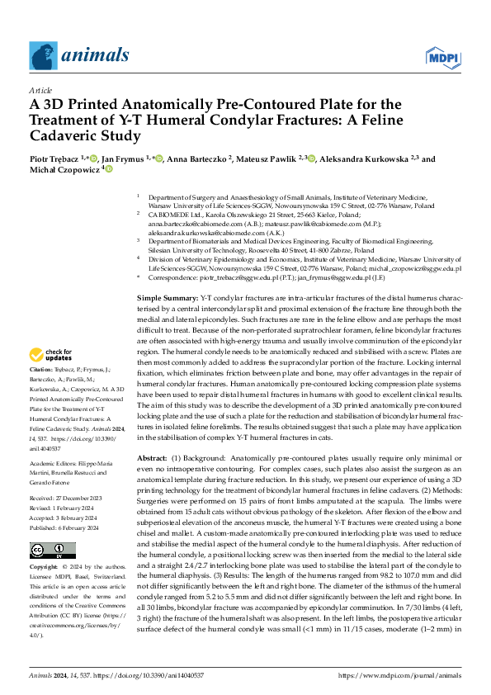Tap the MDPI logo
point(443,56)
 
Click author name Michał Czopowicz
point(63,168)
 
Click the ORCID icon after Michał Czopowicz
point(107,168)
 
